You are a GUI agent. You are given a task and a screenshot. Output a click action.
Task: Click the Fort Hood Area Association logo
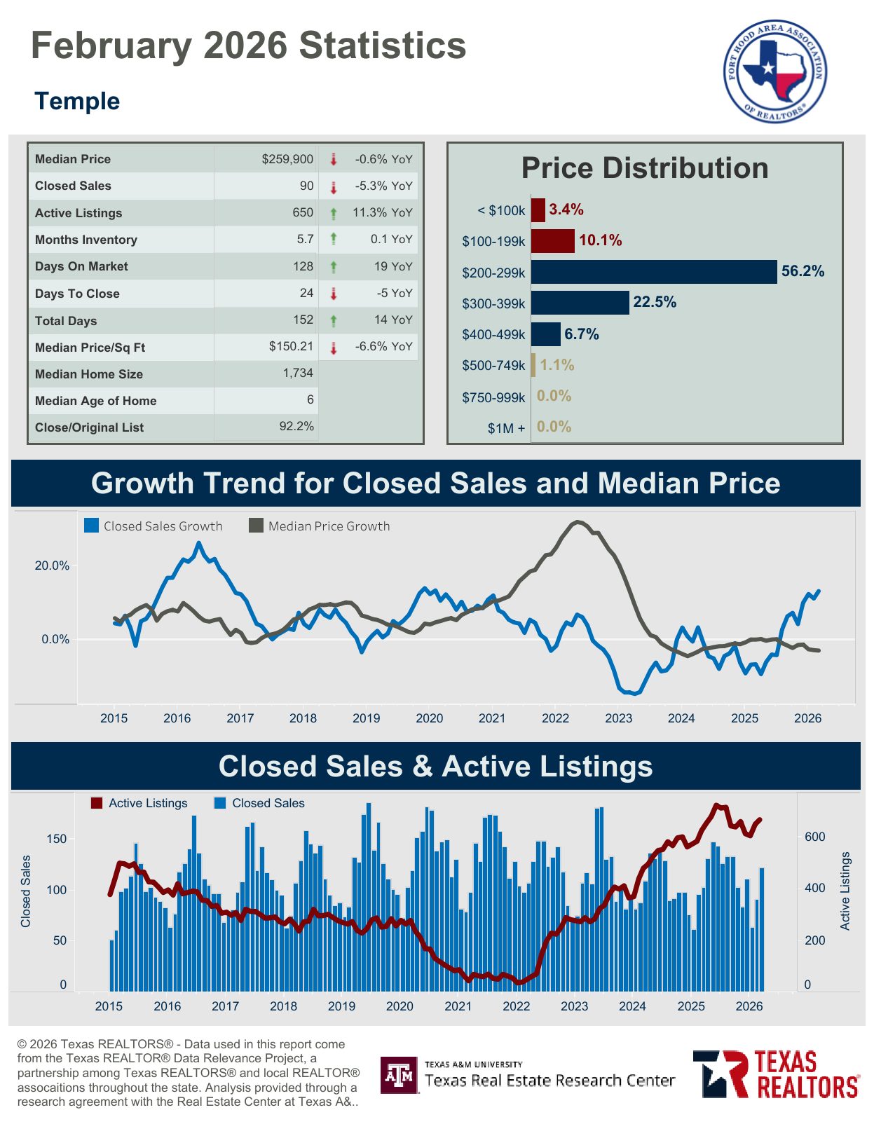pyautogui.click(x=775, y=71)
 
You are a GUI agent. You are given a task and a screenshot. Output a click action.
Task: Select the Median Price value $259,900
pyautogui.click(x=287, y=159)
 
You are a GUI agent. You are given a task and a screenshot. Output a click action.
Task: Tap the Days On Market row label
pyautogui.click(x=81, y=266)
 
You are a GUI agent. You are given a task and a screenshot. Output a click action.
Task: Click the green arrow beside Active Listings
pyautogui.click(x=334, y=213)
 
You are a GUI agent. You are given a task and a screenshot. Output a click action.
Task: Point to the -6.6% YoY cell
pyautogui.click(x=383, y=346)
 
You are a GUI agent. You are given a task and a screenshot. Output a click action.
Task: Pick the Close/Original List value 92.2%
pyautogui.click(x=296, y=426)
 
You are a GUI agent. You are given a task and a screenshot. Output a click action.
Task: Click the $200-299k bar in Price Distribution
pyautogui.click(x=654, y=272)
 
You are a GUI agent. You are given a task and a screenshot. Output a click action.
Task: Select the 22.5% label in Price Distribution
pyautogui.click(x=655, y=302)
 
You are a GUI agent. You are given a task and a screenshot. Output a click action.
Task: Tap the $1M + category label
pyautogui.click(x=506, y=428)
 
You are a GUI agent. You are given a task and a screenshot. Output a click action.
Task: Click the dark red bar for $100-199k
pyautogui.click(x=552, y=240)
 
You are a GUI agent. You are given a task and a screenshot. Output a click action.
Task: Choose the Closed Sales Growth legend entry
pyautogui.click(x=153, y=526)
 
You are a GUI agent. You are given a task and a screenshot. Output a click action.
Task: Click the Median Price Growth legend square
pyautogui.click(x=257, y=526)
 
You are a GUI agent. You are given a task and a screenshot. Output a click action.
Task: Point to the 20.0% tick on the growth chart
pyautogui.click(x=53, y=565)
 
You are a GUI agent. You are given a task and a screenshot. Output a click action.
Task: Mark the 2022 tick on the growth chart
pyautogui.click(x=555, y=718)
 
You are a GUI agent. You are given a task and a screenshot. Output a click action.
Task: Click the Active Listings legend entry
pyautogui.click(x=139, y=803)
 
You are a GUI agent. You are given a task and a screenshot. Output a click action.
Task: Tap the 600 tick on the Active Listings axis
pyautogui.click(x=814, y=837)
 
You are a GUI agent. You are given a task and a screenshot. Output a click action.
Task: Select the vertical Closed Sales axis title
pyautogui.click(x=26, y=891)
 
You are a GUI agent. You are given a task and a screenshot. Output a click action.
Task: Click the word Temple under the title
pyautogui.click(x=77, y=101)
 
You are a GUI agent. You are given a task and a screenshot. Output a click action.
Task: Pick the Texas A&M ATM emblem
pyautogui.click(x=400, y=1075)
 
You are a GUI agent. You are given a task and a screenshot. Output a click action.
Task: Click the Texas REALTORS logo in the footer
pyautogui.click(x=776, y=1073)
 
